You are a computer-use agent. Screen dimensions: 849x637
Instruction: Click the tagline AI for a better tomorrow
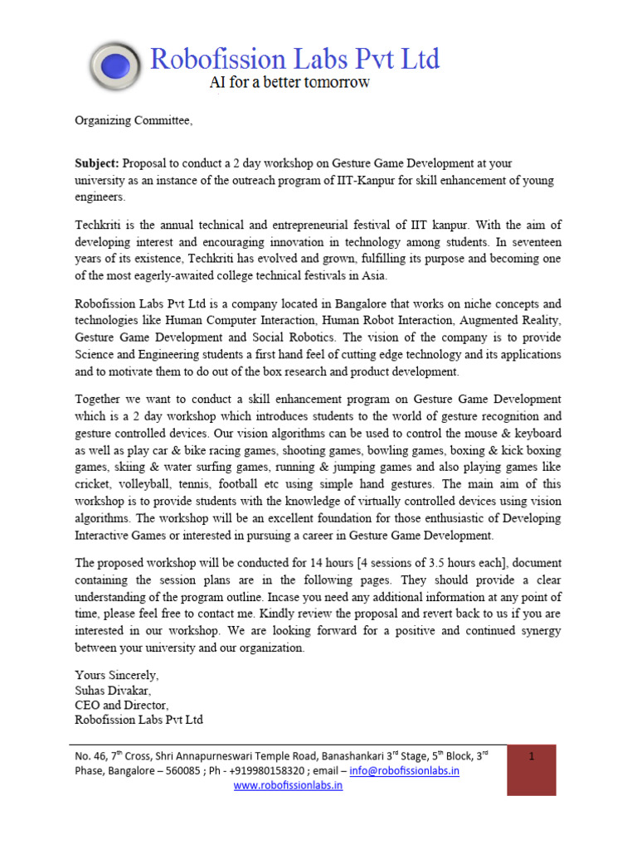pos(288,83)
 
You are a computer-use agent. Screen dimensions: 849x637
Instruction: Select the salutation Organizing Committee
pos(133,121)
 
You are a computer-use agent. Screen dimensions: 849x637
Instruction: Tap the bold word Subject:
pos(98,164)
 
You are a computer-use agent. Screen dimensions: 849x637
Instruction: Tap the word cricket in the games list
pos(93,484)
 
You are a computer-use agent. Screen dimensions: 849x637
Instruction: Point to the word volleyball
pos(150,484)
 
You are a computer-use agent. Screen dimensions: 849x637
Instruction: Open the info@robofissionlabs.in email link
pos(405,770)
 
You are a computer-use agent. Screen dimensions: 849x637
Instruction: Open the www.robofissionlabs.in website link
pos(288,786)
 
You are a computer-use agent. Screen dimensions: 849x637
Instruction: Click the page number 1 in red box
pos(531,758)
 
